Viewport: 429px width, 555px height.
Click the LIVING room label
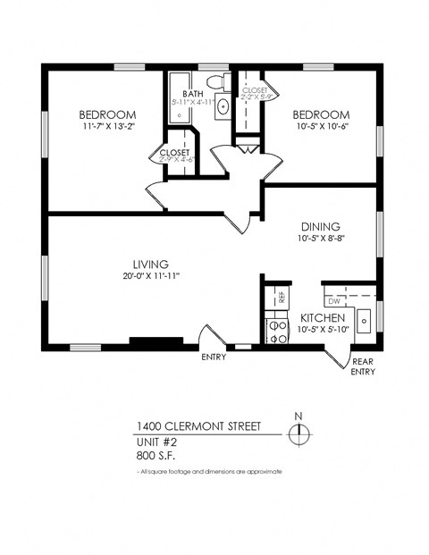tap(151, 264)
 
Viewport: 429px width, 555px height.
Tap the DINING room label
tap(320, 227)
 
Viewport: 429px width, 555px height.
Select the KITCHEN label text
tap(323, 318)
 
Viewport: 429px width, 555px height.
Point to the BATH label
tap(194, 93)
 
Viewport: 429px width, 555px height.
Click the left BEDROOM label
tap(107, 114)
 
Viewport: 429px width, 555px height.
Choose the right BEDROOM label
tap(320, 114)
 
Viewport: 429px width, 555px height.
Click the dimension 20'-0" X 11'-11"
tap(151, 276)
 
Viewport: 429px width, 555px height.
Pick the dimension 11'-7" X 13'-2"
tap(107, 127)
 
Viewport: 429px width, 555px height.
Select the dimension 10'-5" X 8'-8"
tap(320, 240)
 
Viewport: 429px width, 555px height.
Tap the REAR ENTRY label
tap(363, 367)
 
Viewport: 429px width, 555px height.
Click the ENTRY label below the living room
tap(214, 357)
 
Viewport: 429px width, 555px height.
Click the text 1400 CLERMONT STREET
tap(198, 427)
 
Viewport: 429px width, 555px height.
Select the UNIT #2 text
tap(157, 441)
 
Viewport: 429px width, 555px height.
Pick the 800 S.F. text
tap(156, 455)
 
